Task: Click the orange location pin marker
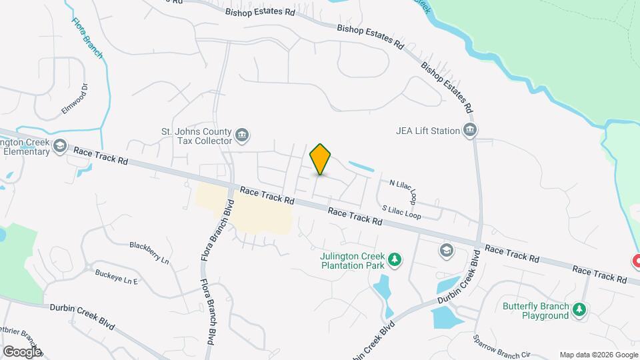321,159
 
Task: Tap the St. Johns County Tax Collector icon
242,136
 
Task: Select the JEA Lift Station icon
470,130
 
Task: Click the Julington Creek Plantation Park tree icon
395,259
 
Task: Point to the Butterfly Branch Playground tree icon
579,309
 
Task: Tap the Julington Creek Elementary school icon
60,146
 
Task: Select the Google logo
21,351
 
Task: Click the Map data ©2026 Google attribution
598,355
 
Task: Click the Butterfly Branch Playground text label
536,311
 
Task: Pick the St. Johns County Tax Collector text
197,136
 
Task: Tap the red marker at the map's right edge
635,261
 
